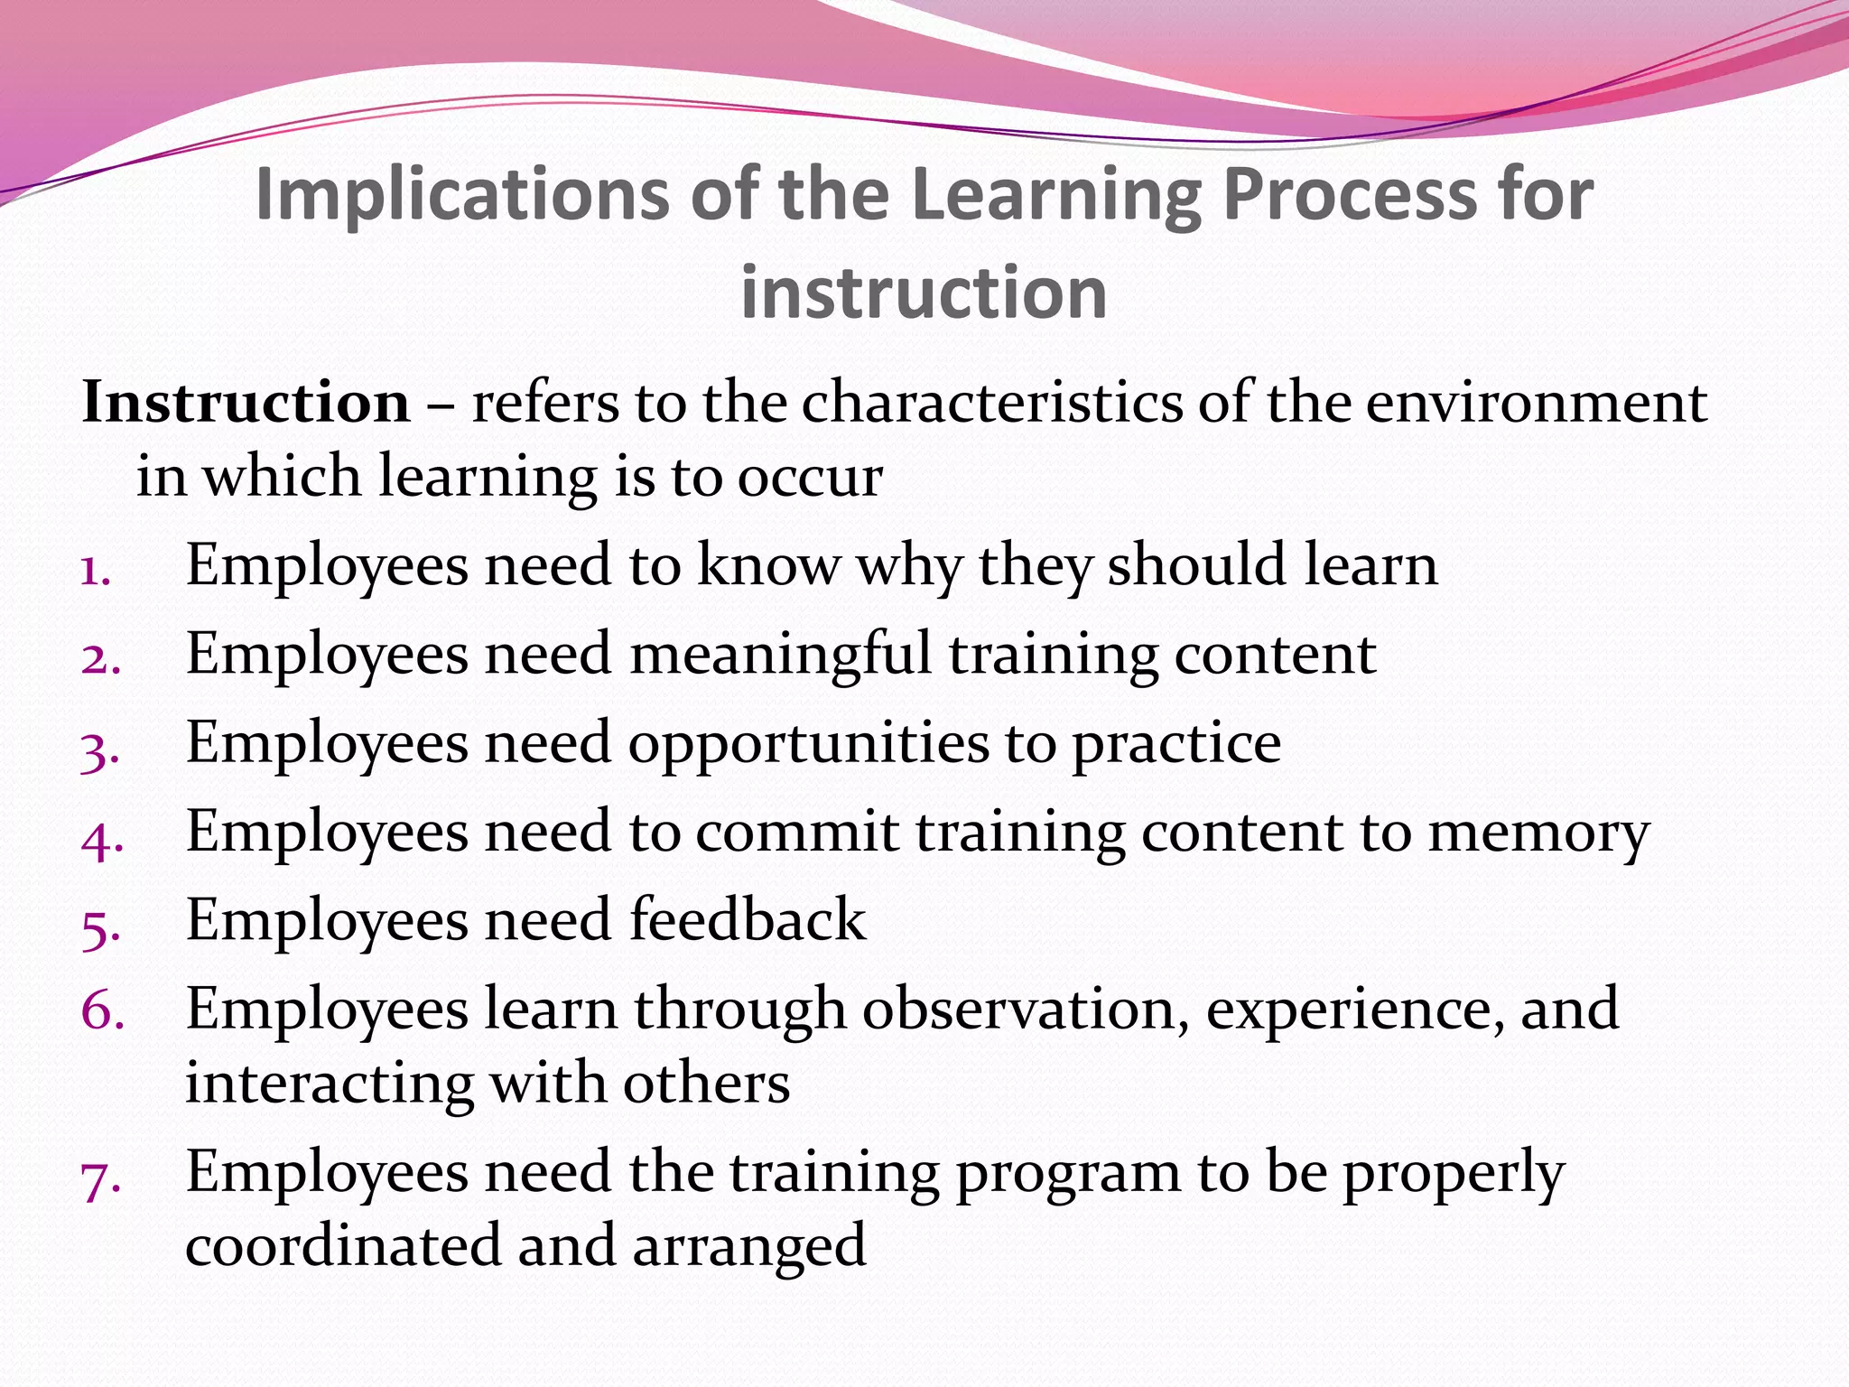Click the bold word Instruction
point(246,402)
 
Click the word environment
point(1536,402)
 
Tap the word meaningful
point(780,654)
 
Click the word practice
point(1176,744)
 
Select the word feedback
point(747,920)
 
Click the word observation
point(1025,1009)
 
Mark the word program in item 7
point(1068,1173)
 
